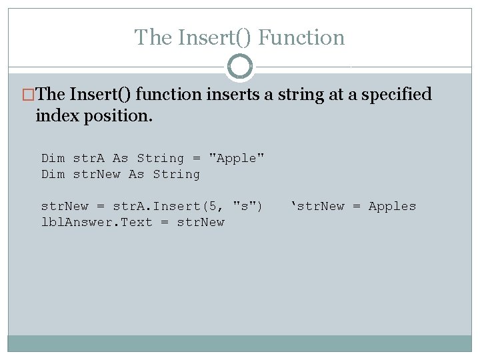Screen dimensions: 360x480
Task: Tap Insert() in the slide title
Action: pos(215,37)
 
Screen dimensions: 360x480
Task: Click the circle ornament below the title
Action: pos(240,67)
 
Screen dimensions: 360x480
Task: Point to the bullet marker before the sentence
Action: pos(29,95)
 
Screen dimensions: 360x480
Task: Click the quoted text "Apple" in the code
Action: pos(237,158)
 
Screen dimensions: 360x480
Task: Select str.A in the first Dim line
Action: pos(89,158)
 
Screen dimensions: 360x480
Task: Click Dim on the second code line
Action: pos(53,174)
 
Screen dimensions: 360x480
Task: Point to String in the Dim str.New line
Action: pos(176,174)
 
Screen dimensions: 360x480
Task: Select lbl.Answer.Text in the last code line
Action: pos(97,222)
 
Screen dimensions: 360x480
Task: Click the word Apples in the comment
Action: pos(392,206)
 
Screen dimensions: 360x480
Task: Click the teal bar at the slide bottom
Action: pos(240,343)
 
